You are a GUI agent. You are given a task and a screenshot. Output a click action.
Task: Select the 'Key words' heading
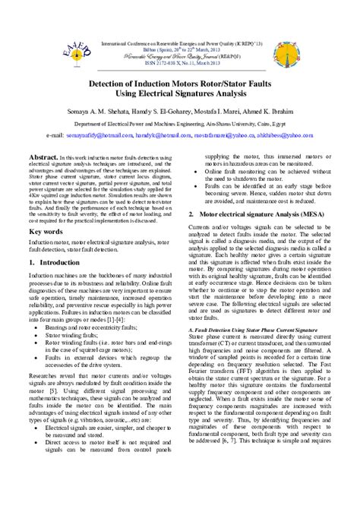click(45, 231)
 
